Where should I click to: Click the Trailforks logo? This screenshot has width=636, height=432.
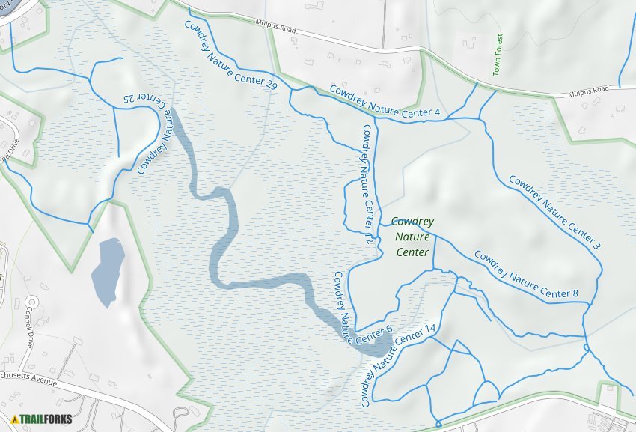(42, 419)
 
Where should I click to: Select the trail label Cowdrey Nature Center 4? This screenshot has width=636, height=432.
(385, 103)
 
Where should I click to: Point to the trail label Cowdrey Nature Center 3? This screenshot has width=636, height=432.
(555, 212)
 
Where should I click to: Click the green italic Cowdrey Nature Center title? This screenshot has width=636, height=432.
(412, 237)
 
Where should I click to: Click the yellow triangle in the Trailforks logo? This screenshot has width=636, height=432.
(14, 419)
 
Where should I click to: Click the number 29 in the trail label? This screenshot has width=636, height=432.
(271, 86)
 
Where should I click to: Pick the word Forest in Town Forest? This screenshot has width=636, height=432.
(498, 43)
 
